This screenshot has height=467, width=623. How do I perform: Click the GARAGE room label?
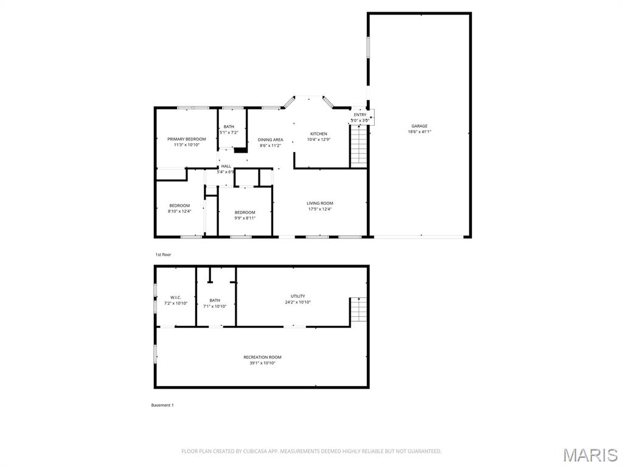pyautogui.click(x=419, y=126)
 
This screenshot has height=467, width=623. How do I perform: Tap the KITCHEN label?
pyautogui.click(x=319, y=134)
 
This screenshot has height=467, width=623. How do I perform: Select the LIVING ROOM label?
pyautogui.click(x=319, y=203)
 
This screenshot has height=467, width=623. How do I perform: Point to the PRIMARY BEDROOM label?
pyautogui.click(x=187, y=139)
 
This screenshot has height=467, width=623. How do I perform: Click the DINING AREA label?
pyautogui.click(x=270, y=140)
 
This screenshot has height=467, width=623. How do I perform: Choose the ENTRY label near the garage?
pyautogui.click(x=360, y=115)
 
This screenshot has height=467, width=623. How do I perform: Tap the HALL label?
pyautogui.click(x=226, y=166)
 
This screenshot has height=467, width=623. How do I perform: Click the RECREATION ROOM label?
pyautogui.click(x=262, y=357)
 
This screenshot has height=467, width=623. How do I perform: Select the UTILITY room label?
pyautogui.click(x=298, y=296)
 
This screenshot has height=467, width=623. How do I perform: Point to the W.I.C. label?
pyautogui.click(x=176, y=297)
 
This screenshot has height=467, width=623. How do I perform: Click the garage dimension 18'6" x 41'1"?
pyautogui.click(x=419, y=132)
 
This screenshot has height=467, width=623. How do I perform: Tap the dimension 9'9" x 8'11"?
pyautogui.click(x=245, y=218)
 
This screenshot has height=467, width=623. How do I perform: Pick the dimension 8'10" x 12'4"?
pyautogui.click(x=179, y=211)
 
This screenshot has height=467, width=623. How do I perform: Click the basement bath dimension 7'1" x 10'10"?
pyautogui.click(x=215, y=306)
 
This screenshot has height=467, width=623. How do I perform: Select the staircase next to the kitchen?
pyautogui.click(x=359, y=148)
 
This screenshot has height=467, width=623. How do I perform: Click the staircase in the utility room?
pyautogui.click(x=358, y=311)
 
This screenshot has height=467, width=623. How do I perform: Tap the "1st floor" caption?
pyautogui.click(x=162, y=255)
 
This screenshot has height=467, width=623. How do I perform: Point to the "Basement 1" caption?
pyautogui.click(x=162, y=405)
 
